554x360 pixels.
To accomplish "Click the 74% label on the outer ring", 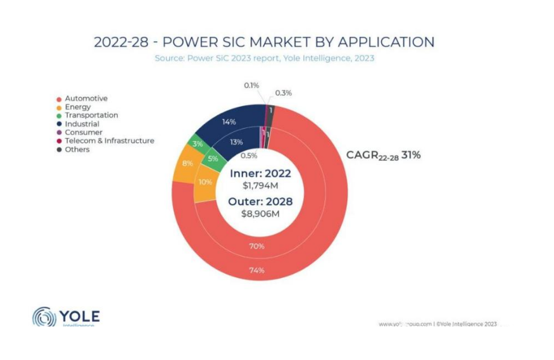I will [x=256, y=271].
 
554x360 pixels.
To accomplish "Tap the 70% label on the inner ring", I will [x=256, y=247].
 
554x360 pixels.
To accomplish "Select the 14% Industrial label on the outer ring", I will [x=229, y=121].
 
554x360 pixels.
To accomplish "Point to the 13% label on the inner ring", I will [x=237, y=142].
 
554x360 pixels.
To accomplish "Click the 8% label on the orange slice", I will [x=188, y=163].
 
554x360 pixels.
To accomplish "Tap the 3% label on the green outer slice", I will [x=198, y=144].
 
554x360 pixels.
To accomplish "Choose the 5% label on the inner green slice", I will [x=213, y=159].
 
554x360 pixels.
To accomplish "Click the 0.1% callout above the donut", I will [x=251, y=85].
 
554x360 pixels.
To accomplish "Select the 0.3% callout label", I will [x=283, y=93].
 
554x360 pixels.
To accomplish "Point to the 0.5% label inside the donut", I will [x=249, y=156].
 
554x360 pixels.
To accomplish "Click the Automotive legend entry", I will [x=85, y=99].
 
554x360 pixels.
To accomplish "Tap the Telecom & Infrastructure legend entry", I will [x=109, y=141].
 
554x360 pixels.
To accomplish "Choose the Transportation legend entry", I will [x=91, y=116].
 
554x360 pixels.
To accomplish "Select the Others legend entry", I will [x=77, y=150].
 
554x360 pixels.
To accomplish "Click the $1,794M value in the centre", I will [x=260, y=186].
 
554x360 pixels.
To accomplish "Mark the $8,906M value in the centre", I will [x=260, y=214].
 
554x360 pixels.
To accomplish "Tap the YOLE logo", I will [x=66, y=317].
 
